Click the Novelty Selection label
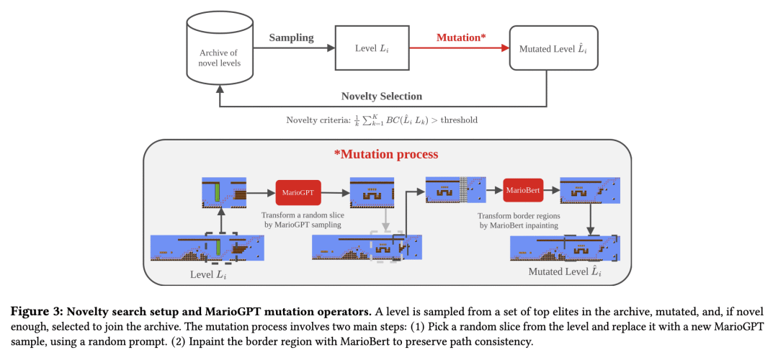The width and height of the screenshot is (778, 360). click(x=382, y=96)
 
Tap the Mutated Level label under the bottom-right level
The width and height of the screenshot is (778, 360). click(x=565, y=271)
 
